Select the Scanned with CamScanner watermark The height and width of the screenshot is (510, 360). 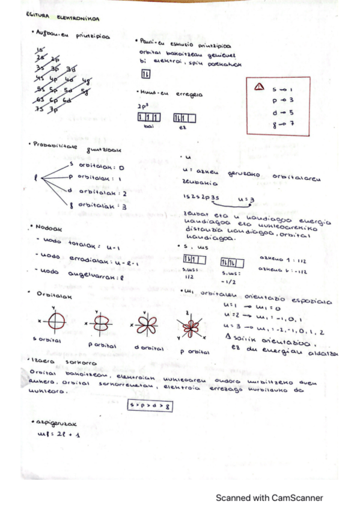269,497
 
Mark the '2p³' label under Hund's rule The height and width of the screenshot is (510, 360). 142,106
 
